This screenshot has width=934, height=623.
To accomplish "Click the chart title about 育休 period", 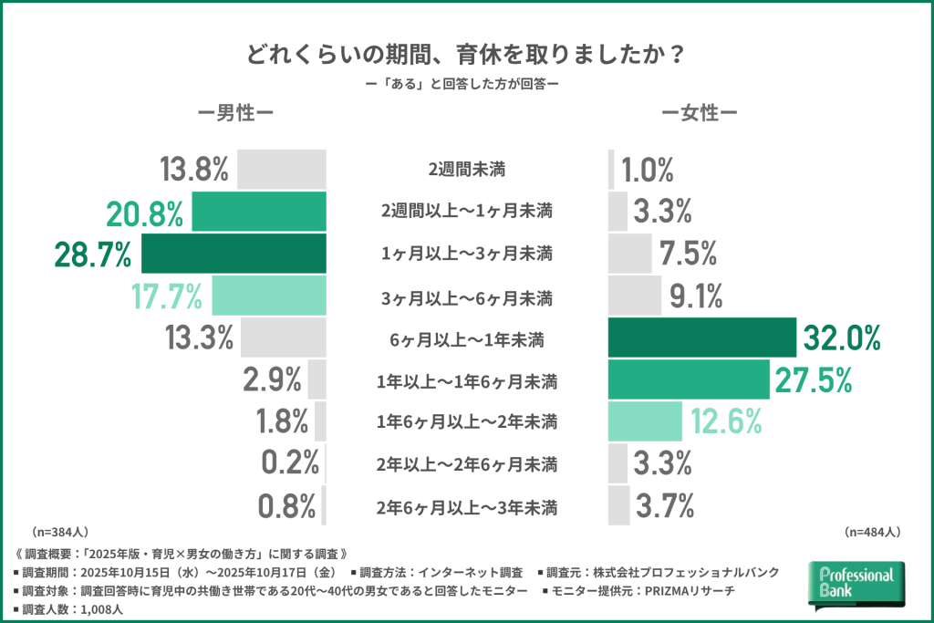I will pyautogui.click(x=466, y=53).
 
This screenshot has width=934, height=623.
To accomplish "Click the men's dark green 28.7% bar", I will pyautogui.click(x=233, y=254).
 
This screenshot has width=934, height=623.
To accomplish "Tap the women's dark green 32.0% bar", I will pyautogui.click(x=702, y=338).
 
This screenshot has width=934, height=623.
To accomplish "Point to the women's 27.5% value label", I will pyautogui.click(x=814, y=380).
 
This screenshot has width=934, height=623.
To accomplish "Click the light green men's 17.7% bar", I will pyautogui.click(x=269, y=296).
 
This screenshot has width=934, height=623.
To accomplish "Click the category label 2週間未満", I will pyautogui.click(x=466, y=170).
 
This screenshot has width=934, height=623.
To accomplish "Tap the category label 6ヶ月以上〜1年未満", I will pyautogui.click(x=466, y=339).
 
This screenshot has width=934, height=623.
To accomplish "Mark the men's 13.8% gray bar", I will pyautogui.click(x=282, y=170).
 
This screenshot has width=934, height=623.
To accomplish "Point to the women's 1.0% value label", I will pyautogui.click(x=648, y=171).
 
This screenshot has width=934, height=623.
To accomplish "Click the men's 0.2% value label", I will pyautogui.click(x=288, y=464).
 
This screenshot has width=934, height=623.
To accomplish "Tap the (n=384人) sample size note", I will pyautogui.click(x=60, y=531).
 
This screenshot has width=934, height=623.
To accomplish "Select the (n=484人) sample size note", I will pyautogui.click(x=873, y=531).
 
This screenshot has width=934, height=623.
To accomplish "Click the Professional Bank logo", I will pyautogui.click(x=856, y=584).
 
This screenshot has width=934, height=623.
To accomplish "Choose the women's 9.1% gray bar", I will pyautogui.click(x=635, y=296).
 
